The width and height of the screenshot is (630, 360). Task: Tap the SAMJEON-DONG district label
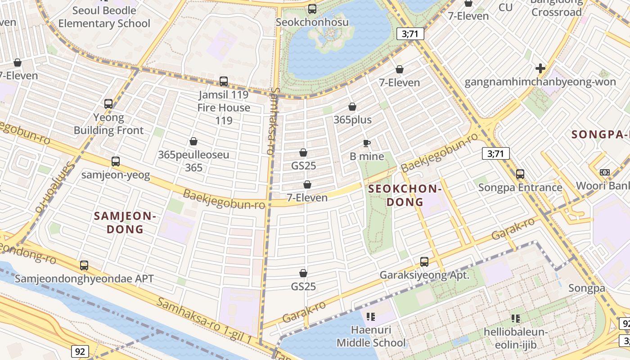coord(125,222)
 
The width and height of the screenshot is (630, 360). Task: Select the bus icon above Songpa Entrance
coord(520,174)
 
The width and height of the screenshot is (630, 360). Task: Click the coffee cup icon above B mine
coord(367,144)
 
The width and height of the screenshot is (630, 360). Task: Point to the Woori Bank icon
coord(604,172)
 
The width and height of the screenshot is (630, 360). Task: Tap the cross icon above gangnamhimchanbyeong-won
coord(540,68)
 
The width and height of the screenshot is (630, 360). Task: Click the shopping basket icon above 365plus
coord(352,107)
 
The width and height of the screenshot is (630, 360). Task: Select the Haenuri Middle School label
coord(371,336)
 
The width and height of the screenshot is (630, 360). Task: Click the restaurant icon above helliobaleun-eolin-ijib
coord(516,319)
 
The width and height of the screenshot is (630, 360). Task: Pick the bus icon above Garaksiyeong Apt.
coord(424,261)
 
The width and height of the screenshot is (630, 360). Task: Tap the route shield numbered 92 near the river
coord(79,351)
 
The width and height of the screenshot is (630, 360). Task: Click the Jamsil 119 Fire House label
coord(224,108)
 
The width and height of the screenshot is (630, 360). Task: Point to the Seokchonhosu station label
coord(312,22)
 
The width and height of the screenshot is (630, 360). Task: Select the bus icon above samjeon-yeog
coord(116,161)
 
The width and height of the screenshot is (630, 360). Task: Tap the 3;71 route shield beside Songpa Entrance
coord(495,153)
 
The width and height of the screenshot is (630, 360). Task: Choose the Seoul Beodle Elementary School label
coord(104,17)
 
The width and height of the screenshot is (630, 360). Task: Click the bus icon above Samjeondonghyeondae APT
coord(84,265)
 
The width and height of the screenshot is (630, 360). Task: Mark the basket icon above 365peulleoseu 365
coord(193,141)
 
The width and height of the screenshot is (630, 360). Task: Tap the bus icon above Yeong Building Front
coord(108,104)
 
